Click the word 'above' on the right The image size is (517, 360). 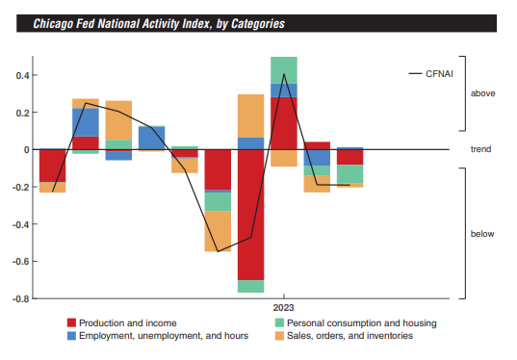pos(483,93)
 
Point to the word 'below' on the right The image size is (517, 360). pos(483,234)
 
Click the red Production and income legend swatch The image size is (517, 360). pos(71,323)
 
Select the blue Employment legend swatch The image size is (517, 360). pos(71,336)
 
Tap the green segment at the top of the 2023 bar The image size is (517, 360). pos(284,70)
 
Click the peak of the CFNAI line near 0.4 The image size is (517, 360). pos(284,74)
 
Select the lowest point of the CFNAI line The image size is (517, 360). pos(218,251)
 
